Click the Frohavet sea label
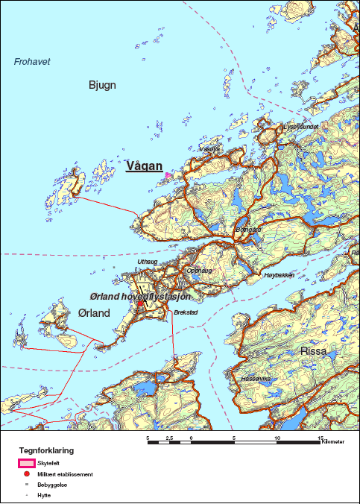coord(32,62)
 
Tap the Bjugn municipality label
coord(102,85)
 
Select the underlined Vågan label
coord(144,166)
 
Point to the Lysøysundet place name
coord(301,127)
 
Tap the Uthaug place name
coord(149,262)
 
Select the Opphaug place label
coord(199,271)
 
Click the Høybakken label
coord(278,275)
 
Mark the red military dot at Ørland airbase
coord(140,303)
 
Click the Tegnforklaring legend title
coord(46,451)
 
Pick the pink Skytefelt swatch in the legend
coord(27,464)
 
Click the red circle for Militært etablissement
coord(27,474)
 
